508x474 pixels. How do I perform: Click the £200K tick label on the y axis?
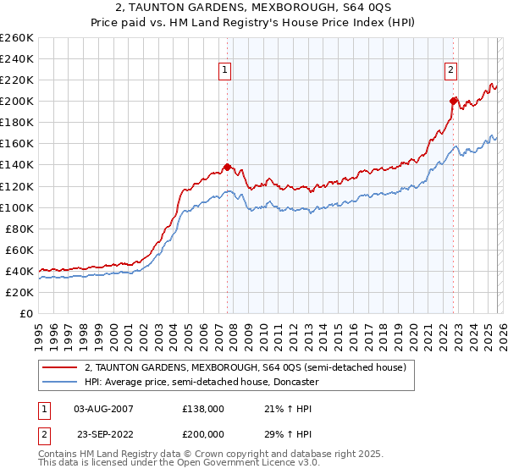[x=16, y=102]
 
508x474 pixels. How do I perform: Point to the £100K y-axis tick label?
[x=16, y=207]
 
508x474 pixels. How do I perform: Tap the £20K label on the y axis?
[x=19, y=292]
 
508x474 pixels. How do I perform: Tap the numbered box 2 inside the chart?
[x=451, y=70]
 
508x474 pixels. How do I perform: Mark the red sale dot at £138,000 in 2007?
[x=227, y=167]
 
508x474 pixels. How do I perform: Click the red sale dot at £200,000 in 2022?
[x=454, y=101]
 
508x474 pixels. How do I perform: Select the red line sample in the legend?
[x=60, y=368]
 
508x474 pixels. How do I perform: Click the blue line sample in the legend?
[x=60, y=382]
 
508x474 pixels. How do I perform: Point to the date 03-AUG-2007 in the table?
[x=103, y=409]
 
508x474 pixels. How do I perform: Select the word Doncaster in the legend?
[x=294, y=382]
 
